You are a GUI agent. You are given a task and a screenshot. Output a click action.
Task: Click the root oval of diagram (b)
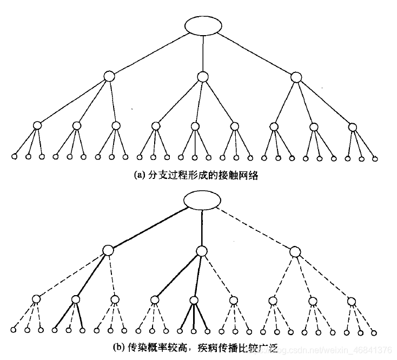(201, 200)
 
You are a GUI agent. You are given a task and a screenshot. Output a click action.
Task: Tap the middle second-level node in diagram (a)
(202, 77)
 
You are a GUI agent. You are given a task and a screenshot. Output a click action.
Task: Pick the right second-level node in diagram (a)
(295, 77)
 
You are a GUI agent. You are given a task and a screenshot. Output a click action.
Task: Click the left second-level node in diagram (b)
(108, 251)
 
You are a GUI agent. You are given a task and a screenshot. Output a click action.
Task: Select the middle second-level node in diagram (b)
(202, 251)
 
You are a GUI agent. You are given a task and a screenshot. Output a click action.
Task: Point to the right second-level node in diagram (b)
(295, 251)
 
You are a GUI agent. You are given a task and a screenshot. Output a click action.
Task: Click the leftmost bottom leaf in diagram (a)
(15, 157)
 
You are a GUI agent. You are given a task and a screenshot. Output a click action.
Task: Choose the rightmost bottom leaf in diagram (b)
(373, 331)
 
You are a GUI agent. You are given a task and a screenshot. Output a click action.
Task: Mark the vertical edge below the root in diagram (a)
(202, 54)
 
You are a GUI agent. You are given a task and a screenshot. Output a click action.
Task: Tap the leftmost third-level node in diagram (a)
(37, 125)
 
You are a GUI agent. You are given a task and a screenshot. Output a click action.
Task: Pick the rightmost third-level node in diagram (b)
(352, 301)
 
